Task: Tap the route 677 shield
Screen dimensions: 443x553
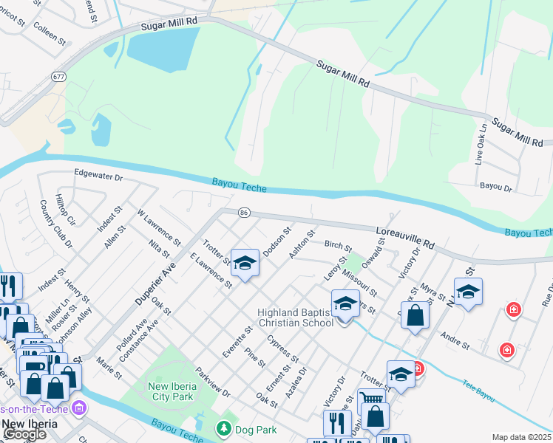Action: [57, 76]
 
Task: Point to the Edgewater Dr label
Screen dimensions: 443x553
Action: [98, 177]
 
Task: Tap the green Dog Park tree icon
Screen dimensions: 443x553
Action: [223, 428]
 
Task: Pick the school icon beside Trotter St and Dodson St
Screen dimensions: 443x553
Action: [245, 263]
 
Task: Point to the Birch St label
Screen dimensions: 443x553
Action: [338, 244]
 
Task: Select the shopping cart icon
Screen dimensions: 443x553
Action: [371, 399]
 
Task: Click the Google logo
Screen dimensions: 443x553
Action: [24, 435]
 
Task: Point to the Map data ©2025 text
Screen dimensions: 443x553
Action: [522, 437]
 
